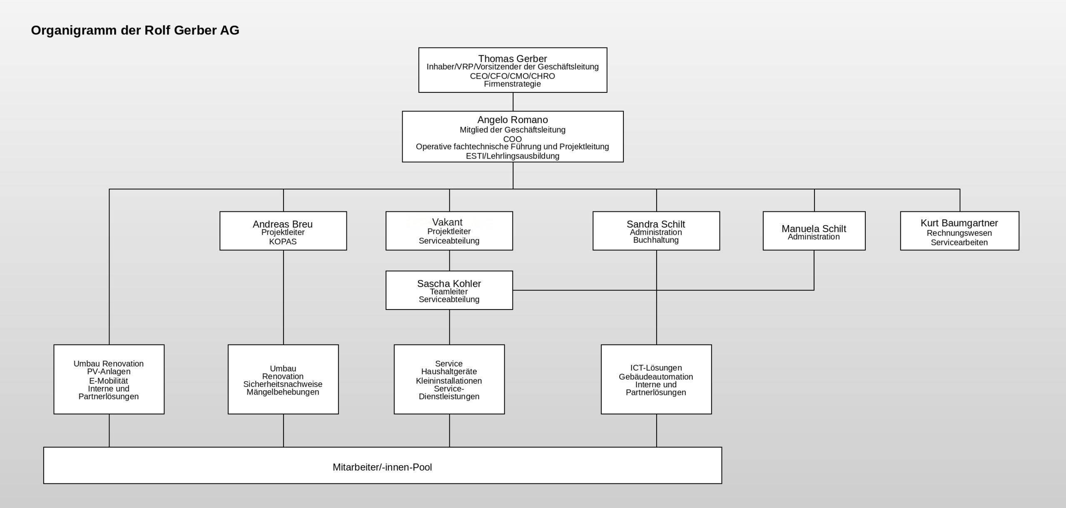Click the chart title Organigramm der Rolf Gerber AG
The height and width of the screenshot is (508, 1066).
(135, 30)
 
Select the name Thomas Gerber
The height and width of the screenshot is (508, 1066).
(513, 59)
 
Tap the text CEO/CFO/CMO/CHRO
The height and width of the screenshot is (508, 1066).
(513, 76)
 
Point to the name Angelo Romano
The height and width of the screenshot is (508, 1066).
(513, 120)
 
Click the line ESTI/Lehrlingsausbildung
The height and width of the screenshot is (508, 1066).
(513, 156)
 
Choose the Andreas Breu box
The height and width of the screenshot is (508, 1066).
(283, 231)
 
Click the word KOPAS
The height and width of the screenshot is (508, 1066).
(283, 242)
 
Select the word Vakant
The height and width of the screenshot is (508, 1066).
(447, 222)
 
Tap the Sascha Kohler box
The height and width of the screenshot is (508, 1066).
(449, 290)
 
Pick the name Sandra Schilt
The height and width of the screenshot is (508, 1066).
(656, 224)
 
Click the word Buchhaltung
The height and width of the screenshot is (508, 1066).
(656, 240)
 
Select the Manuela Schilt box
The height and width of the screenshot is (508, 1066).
(814, 231)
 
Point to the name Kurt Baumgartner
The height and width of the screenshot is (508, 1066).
(959, 223)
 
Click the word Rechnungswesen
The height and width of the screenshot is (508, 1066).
(959, 233)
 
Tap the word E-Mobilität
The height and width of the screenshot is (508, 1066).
(109, 381)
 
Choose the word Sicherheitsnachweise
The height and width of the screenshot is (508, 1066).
(283, 384)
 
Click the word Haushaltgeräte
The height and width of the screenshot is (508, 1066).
(449, 372)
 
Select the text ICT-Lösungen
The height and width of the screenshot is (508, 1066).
(656, 368)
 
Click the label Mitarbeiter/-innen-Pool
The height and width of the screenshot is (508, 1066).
(382, 467)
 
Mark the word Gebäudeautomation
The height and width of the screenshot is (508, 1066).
(656, 377)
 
